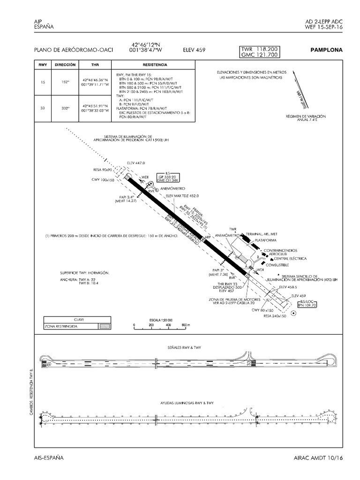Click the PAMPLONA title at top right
click(327, 50)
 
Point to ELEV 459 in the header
click(194, 50)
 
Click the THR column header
click(95, 65)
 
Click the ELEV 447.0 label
click(136, 163)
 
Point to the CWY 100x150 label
click(103, 180)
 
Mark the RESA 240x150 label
click(275, 316)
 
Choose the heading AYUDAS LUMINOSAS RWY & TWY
click(187, 403)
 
